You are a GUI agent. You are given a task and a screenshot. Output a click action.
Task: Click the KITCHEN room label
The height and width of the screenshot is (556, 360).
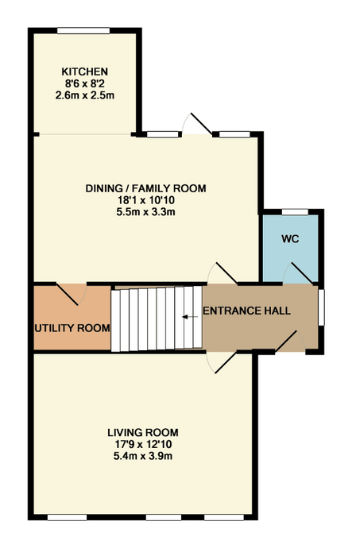coord(84,71)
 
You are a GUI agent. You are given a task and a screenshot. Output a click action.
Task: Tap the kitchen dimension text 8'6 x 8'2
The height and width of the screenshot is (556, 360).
coord(84,83)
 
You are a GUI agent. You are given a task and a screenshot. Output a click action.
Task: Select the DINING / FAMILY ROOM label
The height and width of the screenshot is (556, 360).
coord(145,188)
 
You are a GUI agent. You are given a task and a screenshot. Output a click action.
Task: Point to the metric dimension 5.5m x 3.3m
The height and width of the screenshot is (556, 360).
coord(145,212)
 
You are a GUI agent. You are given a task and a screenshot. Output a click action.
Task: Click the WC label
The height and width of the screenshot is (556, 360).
coord(290,239)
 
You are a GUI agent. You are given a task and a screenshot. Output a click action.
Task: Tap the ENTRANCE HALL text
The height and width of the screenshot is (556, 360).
coord(247,311)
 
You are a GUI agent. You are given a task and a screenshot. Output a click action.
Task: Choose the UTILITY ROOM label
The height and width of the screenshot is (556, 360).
coord(72,328)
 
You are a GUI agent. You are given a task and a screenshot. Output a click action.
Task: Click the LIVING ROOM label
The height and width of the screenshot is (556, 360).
coord(143,433)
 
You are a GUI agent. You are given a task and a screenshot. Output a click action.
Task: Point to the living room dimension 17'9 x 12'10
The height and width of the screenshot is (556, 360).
coord(143,444)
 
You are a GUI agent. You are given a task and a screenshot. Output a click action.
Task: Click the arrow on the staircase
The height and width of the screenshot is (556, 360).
coord(190,317)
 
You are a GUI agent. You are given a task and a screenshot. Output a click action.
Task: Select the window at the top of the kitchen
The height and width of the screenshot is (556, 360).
coord(83,31)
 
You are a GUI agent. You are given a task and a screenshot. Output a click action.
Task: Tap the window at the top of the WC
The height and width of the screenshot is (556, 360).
coord(295,212)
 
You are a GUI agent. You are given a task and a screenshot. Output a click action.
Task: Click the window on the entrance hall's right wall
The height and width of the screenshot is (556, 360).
coord(321,307)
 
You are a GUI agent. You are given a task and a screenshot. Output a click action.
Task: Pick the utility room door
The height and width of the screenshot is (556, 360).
coord(72,294)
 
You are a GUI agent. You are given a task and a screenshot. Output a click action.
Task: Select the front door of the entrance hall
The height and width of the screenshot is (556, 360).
coord(290,342)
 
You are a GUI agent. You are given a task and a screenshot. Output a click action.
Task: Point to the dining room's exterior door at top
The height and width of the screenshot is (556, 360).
coord(197,124)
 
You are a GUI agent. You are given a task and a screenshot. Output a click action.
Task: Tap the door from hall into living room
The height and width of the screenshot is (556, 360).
coord(221,362)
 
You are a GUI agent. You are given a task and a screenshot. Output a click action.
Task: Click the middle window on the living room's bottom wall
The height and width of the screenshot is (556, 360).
coord(164,518)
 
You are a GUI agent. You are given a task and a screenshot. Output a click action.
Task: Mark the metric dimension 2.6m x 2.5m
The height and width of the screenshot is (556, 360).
coord(84,95)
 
